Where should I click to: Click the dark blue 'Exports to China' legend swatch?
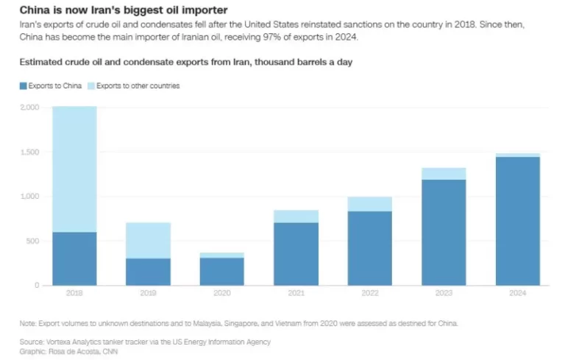pos(23,86)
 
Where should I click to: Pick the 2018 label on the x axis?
pos(74,293)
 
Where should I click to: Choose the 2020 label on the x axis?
pos(222,293)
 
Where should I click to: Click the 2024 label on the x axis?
pos(518,293)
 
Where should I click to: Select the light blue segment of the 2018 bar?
pos(74,169)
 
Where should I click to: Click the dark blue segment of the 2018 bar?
pos(74,258)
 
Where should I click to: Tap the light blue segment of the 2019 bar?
pos(148,240)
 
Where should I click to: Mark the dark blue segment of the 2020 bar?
pos(222,271)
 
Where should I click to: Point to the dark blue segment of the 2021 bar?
pos(296,254)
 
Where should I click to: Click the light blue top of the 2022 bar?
pos(370,204)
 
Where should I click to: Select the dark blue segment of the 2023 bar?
pos(444,232)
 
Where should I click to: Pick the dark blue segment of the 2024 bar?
pos(518,221)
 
